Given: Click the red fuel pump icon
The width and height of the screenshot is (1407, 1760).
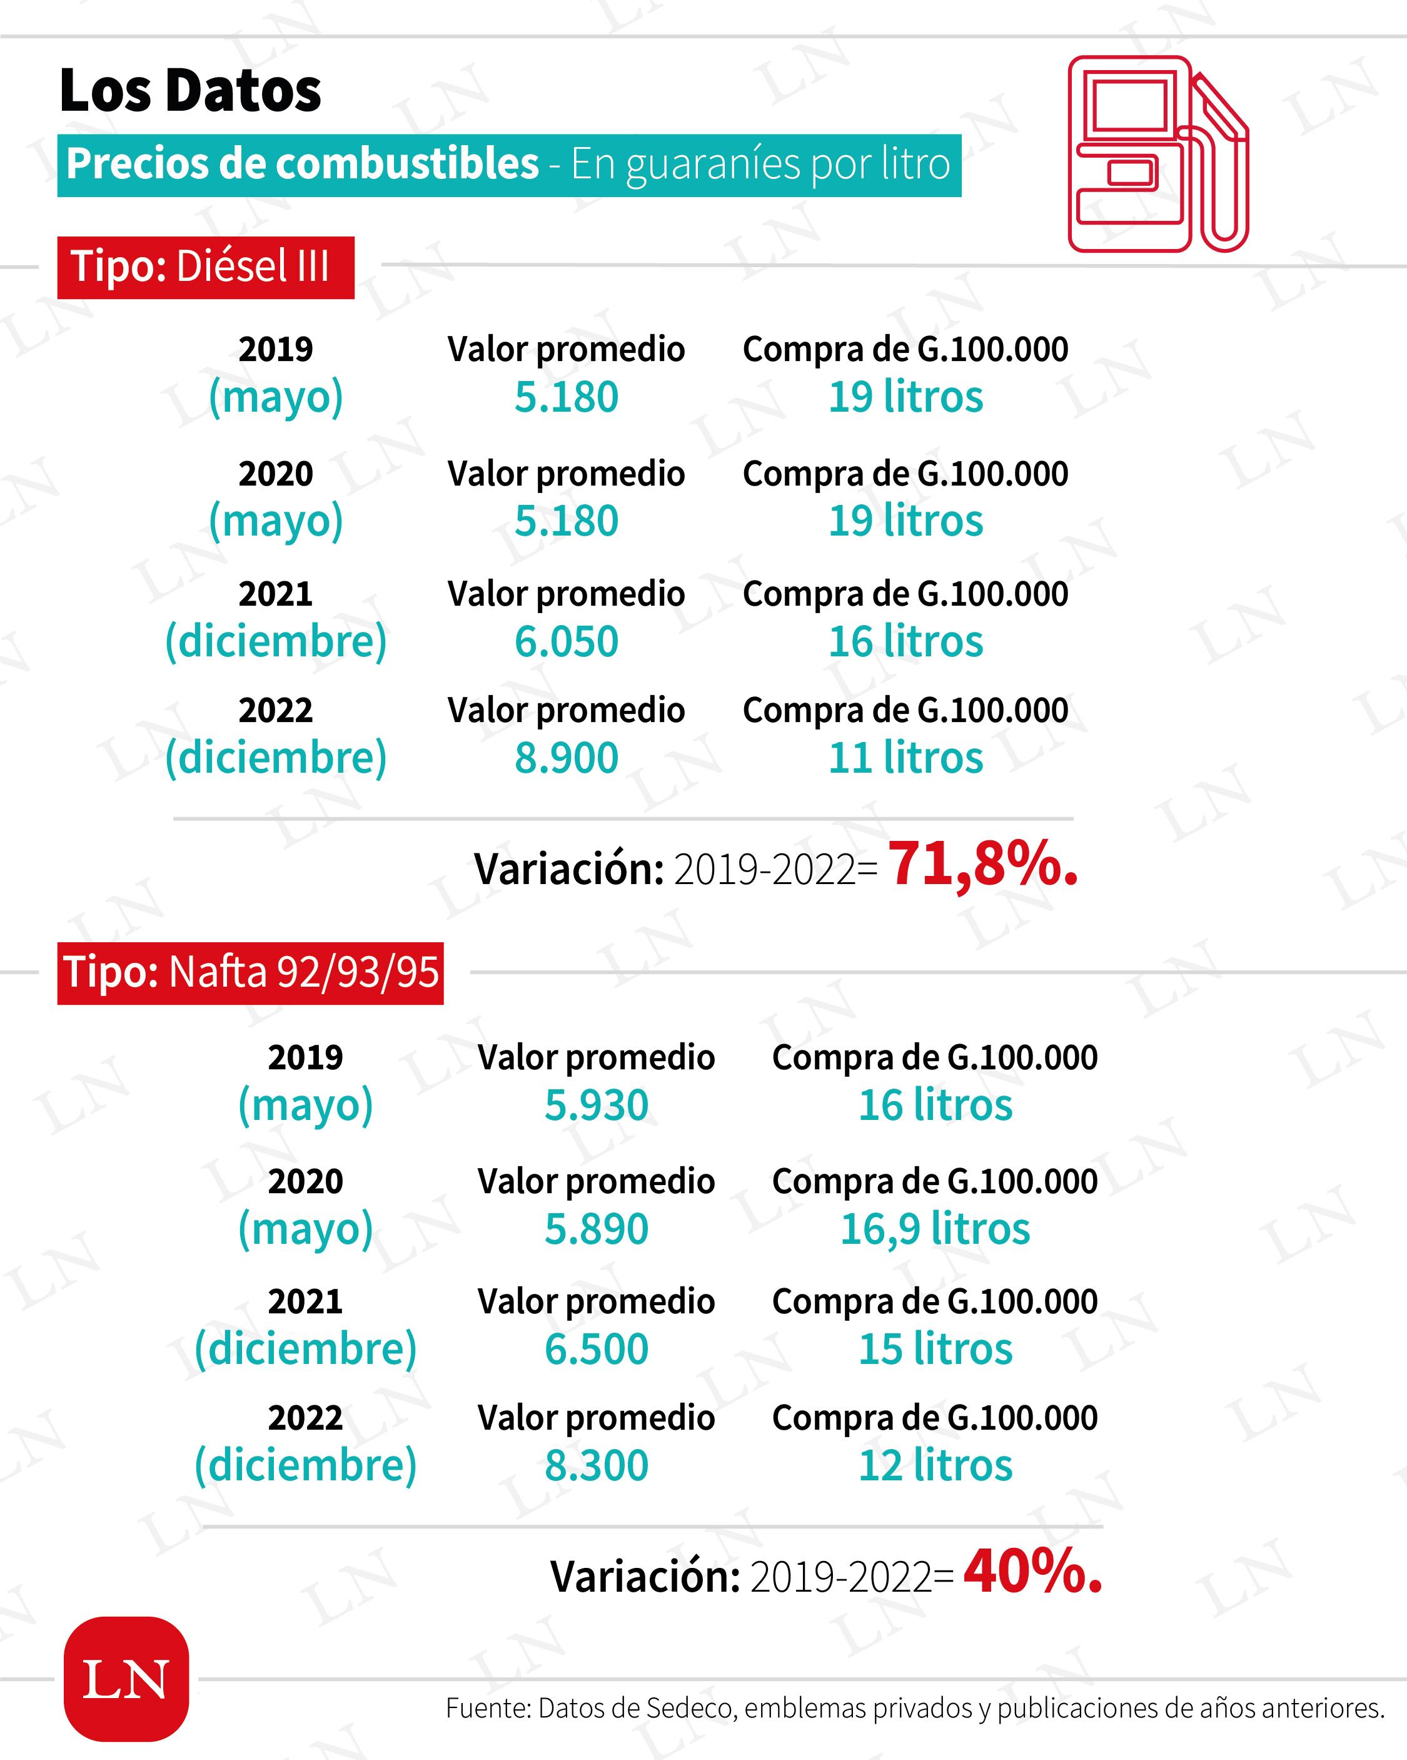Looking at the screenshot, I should [1157, 153].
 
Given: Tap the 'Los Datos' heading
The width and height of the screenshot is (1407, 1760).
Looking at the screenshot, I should [190, 91].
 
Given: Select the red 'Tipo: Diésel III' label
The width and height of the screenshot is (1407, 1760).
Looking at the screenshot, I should [205, 267].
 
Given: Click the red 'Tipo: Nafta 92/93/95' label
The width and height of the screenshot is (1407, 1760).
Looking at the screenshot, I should [251, 972].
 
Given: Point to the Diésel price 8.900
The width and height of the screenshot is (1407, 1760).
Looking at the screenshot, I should [567, 758].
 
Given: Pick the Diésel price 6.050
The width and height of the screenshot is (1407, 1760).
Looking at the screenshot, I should [567, 642].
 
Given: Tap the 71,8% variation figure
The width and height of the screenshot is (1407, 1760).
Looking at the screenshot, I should [982, 863].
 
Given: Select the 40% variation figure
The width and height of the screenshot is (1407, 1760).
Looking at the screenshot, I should [1032, 1572].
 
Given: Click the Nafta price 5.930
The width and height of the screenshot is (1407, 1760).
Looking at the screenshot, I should [597, 1106].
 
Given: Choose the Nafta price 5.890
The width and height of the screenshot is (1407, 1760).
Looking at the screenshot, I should [597, 1229].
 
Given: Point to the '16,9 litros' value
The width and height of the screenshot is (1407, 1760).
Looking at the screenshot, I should [935, 1229].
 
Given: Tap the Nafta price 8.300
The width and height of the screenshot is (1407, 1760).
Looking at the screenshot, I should [597, 1465].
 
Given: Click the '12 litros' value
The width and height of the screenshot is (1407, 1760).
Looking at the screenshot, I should [935, 1465].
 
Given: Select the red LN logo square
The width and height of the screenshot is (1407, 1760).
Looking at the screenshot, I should [126, 1679].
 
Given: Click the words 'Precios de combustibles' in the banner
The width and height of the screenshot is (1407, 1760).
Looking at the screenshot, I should [302, 164].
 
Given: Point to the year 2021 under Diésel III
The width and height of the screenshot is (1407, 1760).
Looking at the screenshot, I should [276, 594].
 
